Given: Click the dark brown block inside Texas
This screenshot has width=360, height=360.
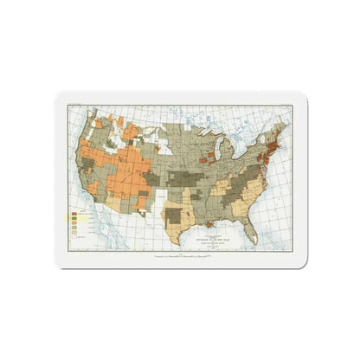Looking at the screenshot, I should click(x=176, y=215).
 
